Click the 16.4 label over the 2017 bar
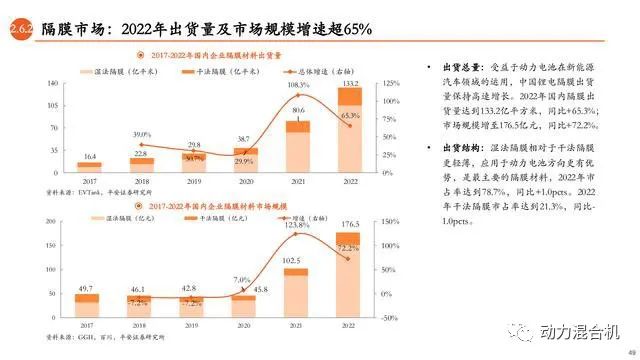(89, 157)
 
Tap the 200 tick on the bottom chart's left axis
(50, 217)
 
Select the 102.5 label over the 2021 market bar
(297, 261)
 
